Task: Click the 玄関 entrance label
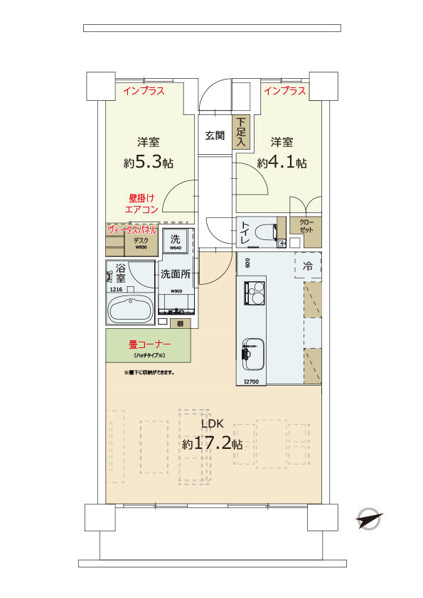click(215, 136)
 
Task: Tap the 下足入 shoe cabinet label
click(242, 133)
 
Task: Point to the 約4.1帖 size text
click(282, 163)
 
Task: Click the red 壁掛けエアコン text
click(141, 204)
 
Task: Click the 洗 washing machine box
click(175, 241)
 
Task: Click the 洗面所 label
click(175, 273)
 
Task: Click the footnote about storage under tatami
click(149, 371)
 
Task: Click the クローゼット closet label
click(304, 227)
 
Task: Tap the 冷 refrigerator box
click(307, 267)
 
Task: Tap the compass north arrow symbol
click(370, 519)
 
